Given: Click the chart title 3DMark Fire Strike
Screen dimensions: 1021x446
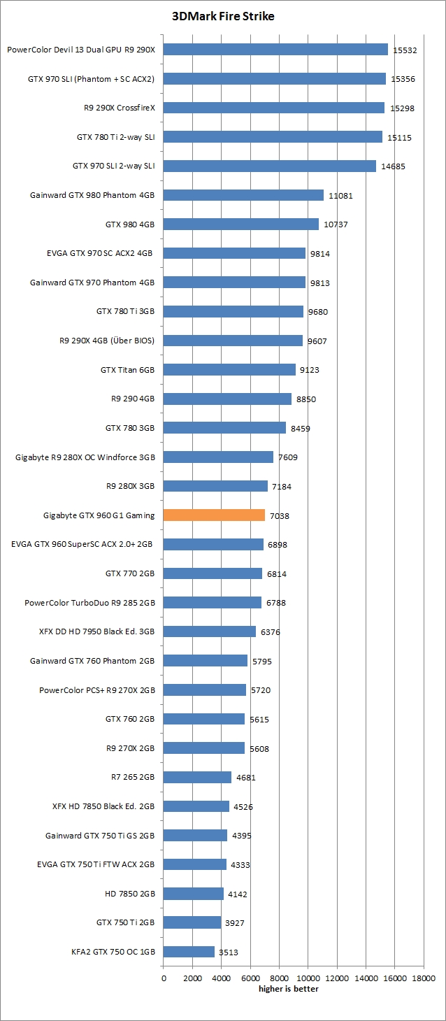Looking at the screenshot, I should [223, 16].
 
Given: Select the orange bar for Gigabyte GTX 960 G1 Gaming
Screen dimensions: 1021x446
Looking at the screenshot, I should [214, 515].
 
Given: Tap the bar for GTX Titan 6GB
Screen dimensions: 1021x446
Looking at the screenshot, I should [229, 370].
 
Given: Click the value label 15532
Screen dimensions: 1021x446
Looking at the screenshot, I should [404, 50].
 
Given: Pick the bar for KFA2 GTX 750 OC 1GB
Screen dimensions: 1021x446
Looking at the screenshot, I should [189, 952].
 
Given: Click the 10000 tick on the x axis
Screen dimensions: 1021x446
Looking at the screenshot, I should [308, 978].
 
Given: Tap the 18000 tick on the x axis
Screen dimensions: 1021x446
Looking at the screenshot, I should [423, 978].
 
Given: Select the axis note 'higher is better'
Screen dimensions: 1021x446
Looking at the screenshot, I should [288, 988].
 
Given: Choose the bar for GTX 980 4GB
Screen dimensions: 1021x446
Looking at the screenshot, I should [240, 224].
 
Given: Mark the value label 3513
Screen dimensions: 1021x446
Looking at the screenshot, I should [228, 952].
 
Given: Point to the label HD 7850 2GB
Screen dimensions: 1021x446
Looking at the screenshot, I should [129, 893].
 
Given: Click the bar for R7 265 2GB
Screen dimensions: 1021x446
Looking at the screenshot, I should [197, 777].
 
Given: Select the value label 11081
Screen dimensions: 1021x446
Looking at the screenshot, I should [340, 196].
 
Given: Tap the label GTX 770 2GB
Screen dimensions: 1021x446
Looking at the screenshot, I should [130, 573].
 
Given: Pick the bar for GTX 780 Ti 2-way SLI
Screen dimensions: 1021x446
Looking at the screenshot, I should [273, 137].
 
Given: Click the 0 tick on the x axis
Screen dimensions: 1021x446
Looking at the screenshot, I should [164, 978].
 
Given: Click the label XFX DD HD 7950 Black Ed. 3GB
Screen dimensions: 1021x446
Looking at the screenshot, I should [96, 631].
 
